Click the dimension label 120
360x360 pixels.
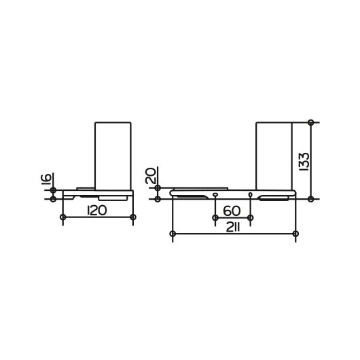97,211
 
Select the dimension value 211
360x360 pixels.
233,228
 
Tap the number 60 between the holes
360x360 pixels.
232,211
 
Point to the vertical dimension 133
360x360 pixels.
305,162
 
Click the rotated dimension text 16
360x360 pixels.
46,179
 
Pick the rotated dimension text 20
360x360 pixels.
151,176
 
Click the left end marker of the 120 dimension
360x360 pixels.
63,217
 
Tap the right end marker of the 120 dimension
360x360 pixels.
133,217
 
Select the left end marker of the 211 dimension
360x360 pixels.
173,234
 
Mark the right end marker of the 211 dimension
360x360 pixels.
295,234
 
